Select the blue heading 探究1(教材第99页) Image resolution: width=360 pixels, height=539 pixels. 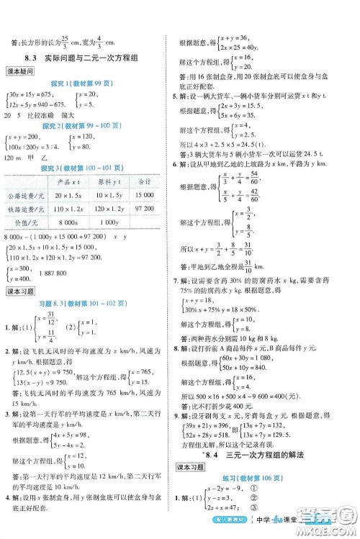click(86, 84)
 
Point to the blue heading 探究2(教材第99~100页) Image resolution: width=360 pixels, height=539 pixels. click(86, 124)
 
